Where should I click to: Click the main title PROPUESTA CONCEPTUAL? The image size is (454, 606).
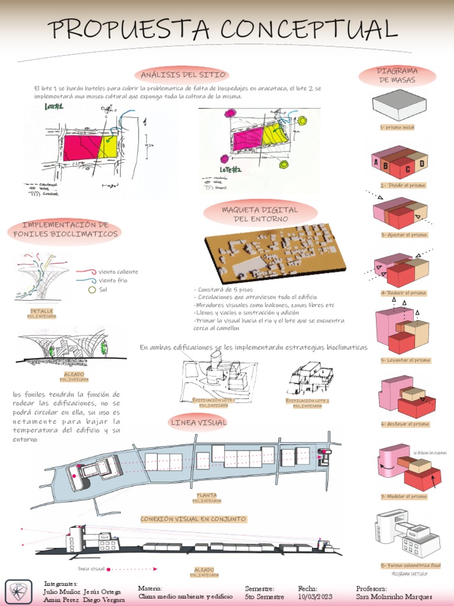click(x=222, y=28)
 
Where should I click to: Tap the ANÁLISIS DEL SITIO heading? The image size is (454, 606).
click(x=183, y=75)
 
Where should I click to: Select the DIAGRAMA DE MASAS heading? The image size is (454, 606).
click(x=397, y=75)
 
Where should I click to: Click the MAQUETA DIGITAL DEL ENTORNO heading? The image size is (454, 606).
click(x=260, y=214)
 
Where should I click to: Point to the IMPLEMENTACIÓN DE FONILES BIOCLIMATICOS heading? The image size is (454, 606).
click(x=65, y=229)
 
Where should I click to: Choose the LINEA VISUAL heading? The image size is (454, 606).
click(x=190, y=422)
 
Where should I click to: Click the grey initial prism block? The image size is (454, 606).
click(x=399, y=105)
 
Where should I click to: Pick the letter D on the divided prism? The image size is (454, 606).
click(x=421, y=163)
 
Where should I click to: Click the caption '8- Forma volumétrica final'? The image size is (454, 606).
click(x=411, y=566)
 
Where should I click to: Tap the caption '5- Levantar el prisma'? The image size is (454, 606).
click(x=406, y=360)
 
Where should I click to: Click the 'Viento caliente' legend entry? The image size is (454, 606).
click(x=118, y=272)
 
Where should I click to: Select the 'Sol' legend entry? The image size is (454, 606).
click(x=103, y=289)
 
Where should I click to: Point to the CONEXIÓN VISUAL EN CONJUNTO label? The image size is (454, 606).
click(x=193, y=519)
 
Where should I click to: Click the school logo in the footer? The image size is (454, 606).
click(x=18, y=592)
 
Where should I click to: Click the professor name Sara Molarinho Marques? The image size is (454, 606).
click(x=394, y=597)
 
